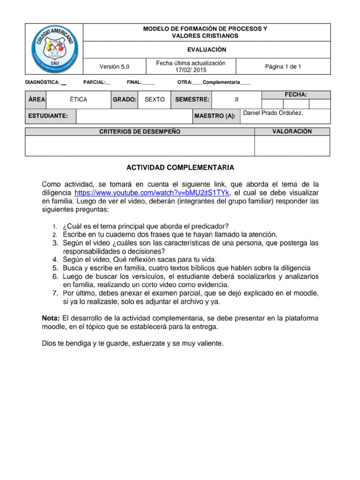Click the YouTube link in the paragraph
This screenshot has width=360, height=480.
(152, 193)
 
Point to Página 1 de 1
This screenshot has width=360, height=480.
(283, 67)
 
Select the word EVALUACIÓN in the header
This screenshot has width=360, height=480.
(206, 50)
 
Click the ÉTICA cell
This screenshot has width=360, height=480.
(78, 100)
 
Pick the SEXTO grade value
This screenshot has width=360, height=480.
(154, 100)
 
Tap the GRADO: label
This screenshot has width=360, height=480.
(124, 100)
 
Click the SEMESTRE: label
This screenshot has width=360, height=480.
(192, 100)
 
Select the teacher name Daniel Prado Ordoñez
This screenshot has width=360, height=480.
(273, 113)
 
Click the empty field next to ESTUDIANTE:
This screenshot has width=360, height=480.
(134, 116)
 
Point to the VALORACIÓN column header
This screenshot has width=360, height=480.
(292, 131)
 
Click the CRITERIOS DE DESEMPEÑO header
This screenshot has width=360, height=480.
(140, 132)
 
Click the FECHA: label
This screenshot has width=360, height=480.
(296, 95)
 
